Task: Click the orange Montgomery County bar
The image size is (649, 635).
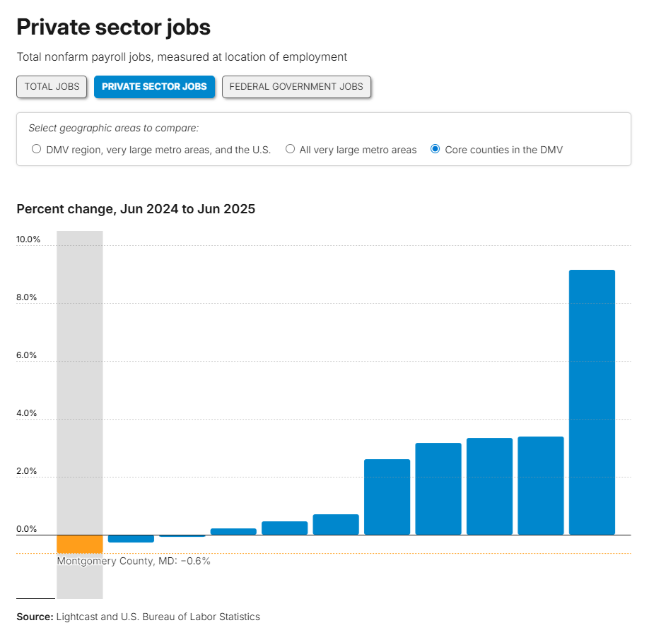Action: click(80, 543)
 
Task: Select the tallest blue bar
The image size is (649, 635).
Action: click(592, 402)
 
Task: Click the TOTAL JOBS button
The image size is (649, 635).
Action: click(52, 87)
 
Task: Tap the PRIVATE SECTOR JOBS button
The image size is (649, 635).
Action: click(154, 87)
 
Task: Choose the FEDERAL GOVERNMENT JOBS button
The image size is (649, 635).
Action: click(296, 87)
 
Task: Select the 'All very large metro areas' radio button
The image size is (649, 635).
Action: click(291, 149)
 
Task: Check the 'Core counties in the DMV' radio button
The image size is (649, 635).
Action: click(435, 149)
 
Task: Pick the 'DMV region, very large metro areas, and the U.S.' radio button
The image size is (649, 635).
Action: click(37, 149)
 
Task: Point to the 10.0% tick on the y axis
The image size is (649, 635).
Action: click(29, 239)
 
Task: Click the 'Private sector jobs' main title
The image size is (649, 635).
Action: click(113, 28)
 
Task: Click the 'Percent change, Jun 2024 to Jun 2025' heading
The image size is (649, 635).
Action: click(136, 209)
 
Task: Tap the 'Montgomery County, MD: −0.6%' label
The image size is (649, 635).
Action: click(134, 562)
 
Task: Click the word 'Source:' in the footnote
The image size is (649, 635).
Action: click(35, 617)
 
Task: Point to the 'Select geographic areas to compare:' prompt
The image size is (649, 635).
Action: click(113, 128)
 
